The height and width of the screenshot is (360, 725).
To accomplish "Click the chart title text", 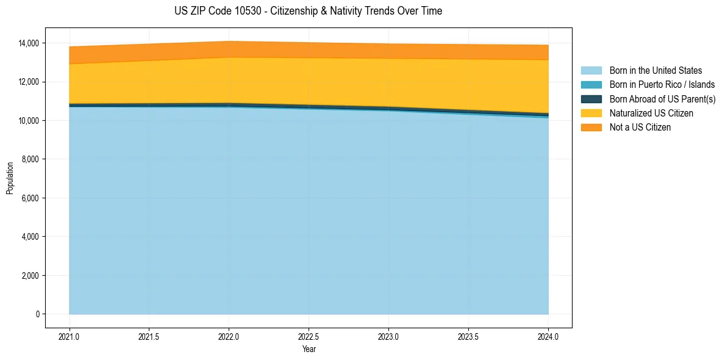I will [x=308, y=11].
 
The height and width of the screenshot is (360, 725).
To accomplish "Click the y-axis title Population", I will [x=10, y=178].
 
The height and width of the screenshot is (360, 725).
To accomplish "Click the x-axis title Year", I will [x=309, y=350].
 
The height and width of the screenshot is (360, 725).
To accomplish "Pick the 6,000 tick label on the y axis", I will [x=30, y=198].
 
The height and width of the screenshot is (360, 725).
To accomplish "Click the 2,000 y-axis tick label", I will [x=30, y=276].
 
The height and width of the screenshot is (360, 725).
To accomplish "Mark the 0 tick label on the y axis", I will [x=37, y=314].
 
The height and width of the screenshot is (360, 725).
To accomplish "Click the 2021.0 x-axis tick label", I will [x=70, y=337].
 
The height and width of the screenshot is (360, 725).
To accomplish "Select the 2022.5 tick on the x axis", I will [x=309, y=337].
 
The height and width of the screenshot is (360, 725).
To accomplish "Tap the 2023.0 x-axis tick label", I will [x=388, y=337].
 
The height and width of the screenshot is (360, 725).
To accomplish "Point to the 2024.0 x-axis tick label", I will [x=548, y=337].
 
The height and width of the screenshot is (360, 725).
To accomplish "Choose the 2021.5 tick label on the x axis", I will [x=149, y=337].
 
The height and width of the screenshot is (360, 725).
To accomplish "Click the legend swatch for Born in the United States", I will [x=591, y=71].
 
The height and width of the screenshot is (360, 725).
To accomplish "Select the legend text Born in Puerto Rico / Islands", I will [x=662, y=85].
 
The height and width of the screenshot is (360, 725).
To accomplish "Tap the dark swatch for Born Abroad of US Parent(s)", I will [x=591, y=99].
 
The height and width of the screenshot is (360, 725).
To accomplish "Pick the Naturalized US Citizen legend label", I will [x=651, y=113].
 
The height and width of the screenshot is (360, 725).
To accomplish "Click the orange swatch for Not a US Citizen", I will [x=591, y=128].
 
